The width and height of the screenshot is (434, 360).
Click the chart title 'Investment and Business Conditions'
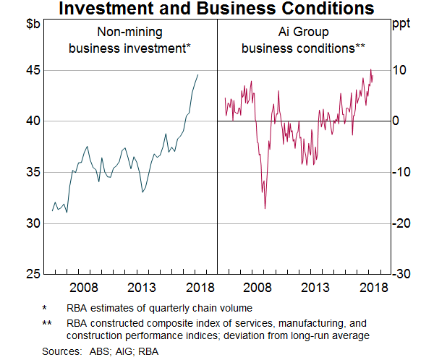pos(217,9)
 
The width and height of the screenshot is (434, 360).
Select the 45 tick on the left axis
pos(31,70)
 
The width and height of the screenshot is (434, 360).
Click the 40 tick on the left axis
pos(31,121)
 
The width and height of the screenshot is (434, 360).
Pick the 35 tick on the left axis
pos(31,172)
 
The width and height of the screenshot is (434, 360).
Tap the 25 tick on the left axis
pos(31,274)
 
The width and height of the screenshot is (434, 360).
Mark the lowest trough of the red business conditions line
pos(265,209)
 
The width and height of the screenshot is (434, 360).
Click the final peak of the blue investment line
pos(197,74)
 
